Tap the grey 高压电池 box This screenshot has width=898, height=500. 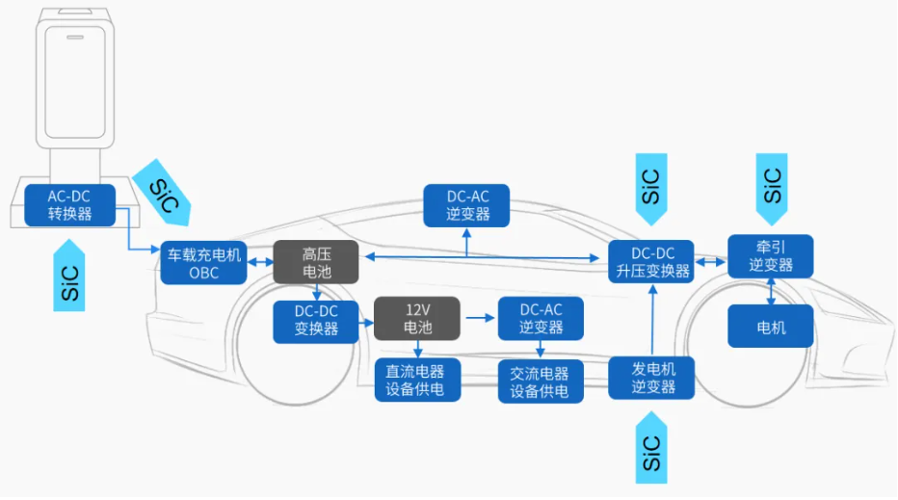coord(316,263)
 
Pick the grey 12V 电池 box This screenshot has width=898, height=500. coord(417,319)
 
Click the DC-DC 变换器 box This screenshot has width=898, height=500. coord(316,320)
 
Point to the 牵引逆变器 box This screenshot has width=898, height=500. coord(770,256)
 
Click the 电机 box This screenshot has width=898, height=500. coord(770,327)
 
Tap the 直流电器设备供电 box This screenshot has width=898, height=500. coord(417,381)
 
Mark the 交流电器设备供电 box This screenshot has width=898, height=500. coord(540,381)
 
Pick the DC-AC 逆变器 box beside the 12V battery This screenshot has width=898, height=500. coord(540,319)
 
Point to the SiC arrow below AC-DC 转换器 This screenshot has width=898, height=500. coord(69,275)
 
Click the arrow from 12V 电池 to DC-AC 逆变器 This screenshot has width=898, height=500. coord(478,316)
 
